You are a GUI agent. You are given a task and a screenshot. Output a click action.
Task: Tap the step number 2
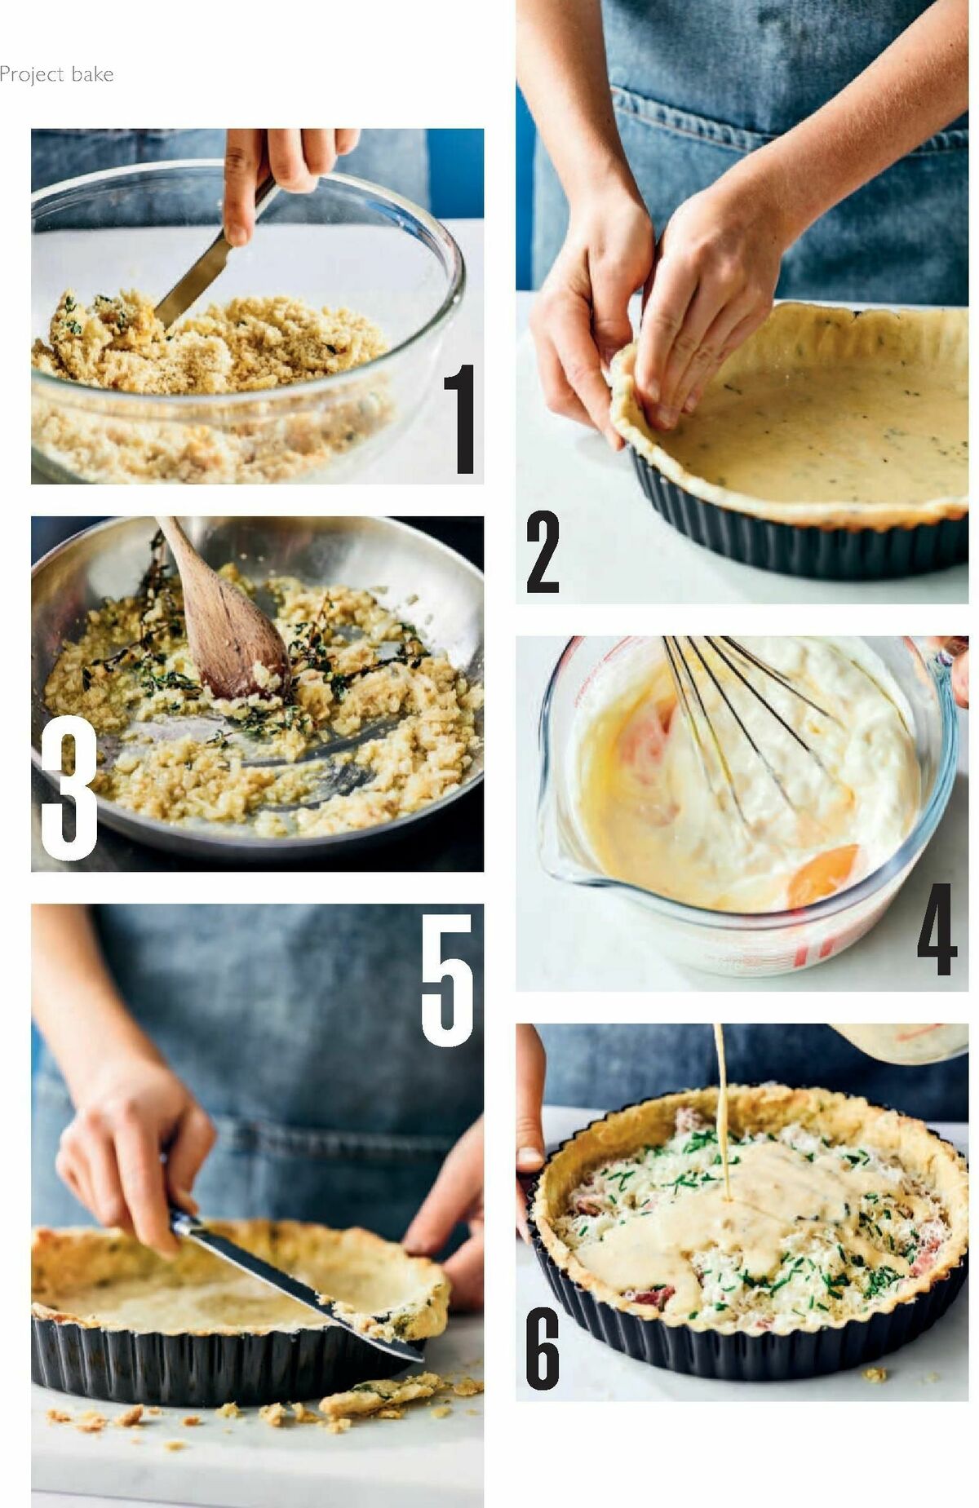543,552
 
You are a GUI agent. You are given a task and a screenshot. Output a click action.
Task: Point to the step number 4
937,929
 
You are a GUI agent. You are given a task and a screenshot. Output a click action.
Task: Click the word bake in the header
91,75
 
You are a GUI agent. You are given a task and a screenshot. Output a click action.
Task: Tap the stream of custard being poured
722,1093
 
